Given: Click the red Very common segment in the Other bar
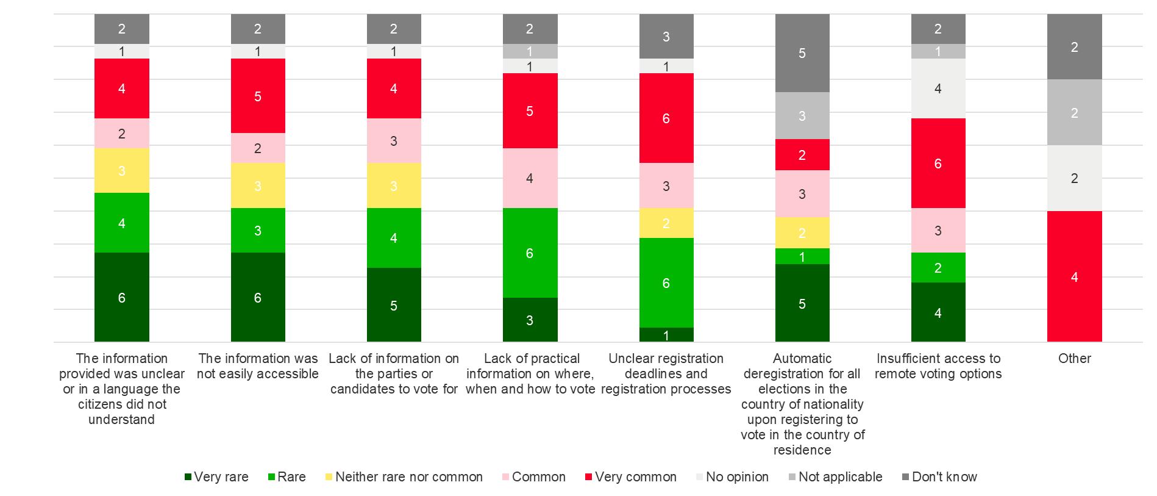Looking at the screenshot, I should point(1074,276).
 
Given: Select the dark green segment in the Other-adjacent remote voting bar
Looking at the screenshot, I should point(938,312).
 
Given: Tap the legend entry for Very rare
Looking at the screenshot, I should point(217,477).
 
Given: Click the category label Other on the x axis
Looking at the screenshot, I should point(1074,359).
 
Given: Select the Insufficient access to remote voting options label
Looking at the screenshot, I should point(938,366).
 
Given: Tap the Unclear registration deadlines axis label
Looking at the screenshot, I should point(666,373).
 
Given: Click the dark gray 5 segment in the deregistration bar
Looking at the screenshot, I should point(802,53).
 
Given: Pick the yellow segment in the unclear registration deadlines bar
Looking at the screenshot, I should point(666,223).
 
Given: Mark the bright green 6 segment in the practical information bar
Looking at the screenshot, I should point(530,253).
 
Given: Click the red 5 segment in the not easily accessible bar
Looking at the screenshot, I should point(258,96).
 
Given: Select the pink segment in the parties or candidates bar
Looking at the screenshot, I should point(394,141).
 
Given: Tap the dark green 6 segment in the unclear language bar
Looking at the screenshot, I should point(122,297).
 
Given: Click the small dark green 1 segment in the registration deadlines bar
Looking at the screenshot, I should point(666,335).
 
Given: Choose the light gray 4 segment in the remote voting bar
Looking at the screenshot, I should point(938,88).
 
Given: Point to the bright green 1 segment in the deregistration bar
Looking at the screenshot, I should point(802,257).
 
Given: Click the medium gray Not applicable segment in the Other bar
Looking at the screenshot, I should point(1074,113).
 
